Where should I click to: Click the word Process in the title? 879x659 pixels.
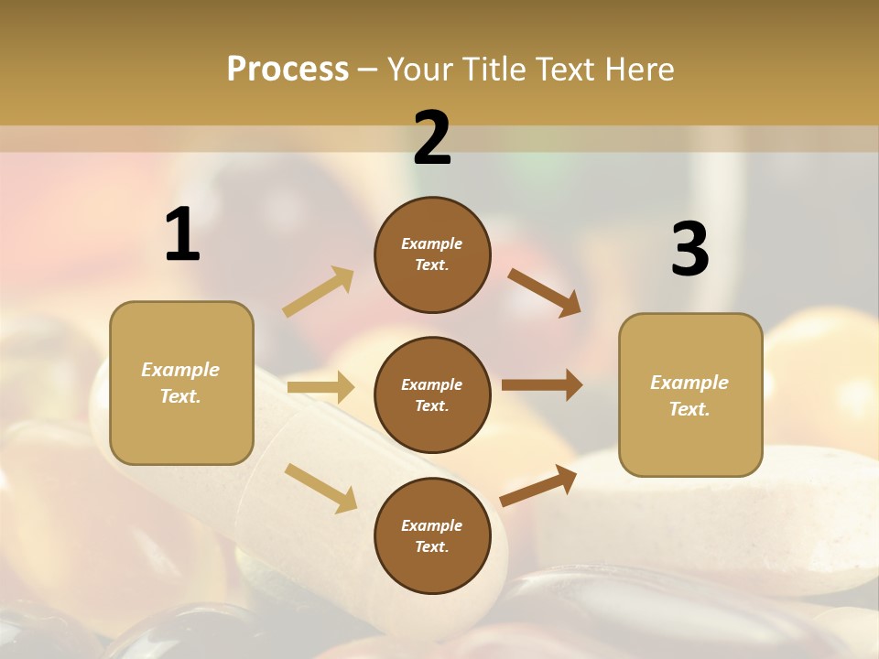[288, 69]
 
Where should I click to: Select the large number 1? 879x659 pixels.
[182, 234]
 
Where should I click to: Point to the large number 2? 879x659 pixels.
[432, 138]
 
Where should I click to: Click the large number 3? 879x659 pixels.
[690, 249]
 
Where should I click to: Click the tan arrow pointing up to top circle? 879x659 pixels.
[319, 291]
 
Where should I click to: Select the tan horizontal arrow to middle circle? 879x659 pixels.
[320, 387]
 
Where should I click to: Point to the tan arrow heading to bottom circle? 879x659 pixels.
[320, 488]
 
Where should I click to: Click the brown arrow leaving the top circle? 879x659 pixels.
[544, 292]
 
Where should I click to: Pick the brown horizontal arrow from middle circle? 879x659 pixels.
[541, 384]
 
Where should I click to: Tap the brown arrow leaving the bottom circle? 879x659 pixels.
[538, 485]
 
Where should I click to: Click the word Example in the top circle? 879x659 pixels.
[432, 243]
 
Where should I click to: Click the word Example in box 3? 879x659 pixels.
[689, 383]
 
